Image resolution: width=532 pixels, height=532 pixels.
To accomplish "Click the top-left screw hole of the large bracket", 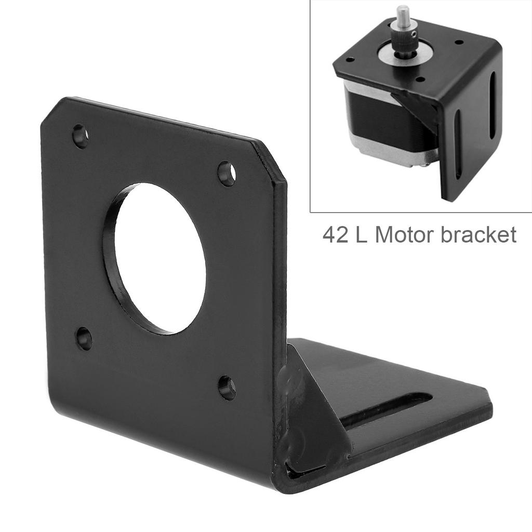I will (80, 136).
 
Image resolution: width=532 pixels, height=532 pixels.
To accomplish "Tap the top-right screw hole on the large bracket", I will (226, 174).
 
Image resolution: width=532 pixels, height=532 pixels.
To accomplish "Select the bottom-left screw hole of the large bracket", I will (84, 338).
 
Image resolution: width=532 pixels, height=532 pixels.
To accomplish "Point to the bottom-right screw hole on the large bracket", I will (227, 387).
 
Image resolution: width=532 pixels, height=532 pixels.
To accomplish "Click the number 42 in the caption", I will (337, 235).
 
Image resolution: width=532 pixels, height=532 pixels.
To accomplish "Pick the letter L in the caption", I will (363, 235).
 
